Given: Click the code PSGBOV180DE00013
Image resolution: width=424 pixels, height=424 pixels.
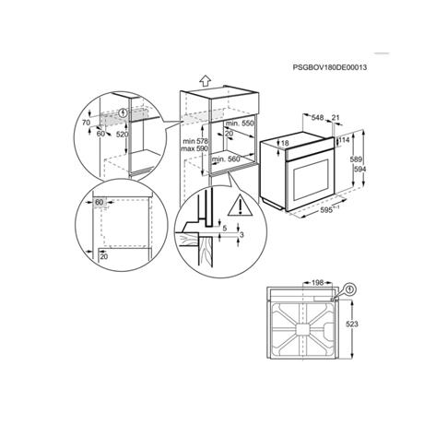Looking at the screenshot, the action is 330,67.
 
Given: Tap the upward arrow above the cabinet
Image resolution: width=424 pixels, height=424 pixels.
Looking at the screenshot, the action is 205,80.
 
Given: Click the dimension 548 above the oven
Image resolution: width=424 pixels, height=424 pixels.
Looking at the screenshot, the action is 317,118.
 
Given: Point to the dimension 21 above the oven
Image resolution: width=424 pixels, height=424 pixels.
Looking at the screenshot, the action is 336,117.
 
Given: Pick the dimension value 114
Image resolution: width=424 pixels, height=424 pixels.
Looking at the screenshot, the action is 344,140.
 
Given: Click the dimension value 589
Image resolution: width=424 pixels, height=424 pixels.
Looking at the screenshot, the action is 357,159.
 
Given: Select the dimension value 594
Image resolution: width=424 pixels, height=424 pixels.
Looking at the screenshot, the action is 359,169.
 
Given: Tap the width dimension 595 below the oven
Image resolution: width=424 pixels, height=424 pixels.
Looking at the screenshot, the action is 327,210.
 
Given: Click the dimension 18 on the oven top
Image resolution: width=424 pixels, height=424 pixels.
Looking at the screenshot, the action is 285,143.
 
